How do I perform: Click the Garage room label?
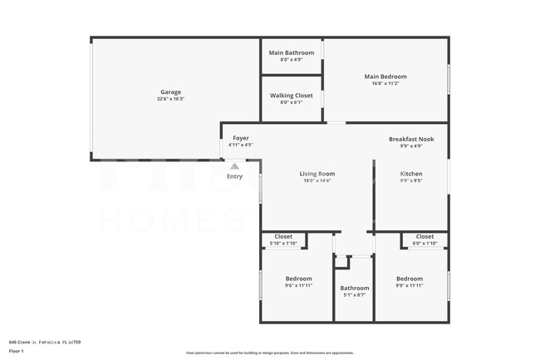[170, 92]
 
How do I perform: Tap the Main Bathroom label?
[292, 53]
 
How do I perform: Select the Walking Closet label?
[292, 96]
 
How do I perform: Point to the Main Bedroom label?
[385, 76]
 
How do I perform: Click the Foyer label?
[240, 138]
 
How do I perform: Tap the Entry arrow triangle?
[234, 166]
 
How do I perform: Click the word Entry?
[234, 176]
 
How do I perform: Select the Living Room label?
[317, 174]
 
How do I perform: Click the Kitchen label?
[412, 174]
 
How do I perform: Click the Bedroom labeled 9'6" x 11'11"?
[298, 279]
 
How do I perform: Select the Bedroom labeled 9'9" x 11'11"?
[409, 279]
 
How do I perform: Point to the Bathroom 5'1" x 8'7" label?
[354, 291]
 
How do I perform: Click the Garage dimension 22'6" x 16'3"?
[170, 99]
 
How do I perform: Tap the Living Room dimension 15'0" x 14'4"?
[317, 180]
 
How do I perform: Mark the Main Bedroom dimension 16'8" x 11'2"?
[385, 83]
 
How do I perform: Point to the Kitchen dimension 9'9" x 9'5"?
[412, 180]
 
